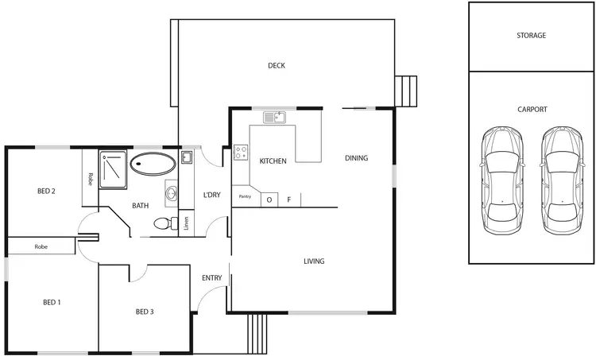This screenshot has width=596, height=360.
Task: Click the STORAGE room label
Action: [531, 36]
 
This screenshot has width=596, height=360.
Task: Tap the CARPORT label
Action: [531, 110]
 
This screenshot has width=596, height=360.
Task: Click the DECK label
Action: [276, 66]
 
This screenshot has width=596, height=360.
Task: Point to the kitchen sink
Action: [274, 118]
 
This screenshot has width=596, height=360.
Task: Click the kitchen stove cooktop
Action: [240, 152]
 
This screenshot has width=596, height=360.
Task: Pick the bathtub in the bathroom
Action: [153, 165]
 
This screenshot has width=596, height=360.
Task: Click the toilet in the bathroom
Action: [164, 223]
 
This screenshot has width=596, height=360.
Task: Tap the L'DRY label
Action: [211, 195]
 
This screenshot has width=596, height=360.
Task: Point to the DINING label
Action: [356, 158]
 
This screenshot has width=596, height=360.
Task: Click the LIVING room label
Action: [314, 261]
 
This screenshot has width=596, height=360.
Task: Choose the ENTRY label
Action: [212, 278]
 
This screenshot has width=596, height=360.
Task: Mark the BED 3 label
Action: [144, 311]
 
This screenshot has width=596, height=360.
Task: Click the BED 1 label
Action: [52, 302]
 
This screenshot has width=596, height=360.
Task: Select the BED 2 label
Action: [46, 191]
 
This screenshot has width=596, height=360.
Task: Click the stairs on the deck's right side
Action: [406, 91]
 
